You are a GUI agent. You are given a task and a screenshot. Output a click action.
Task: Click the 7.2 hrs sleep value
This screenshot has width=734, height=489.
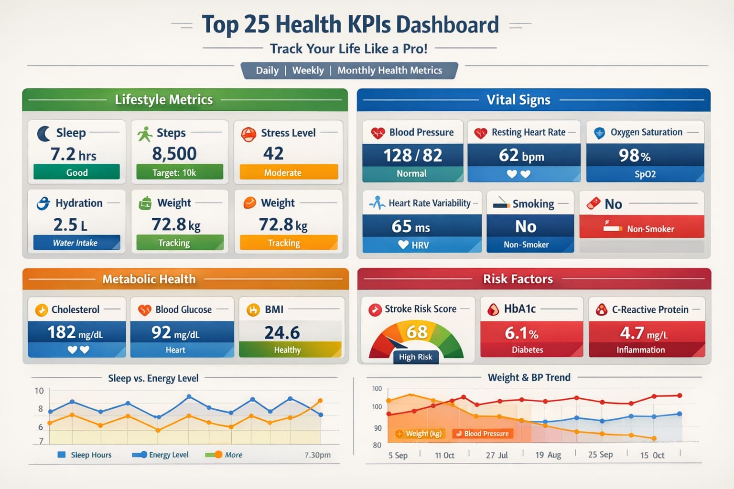click(74, 154)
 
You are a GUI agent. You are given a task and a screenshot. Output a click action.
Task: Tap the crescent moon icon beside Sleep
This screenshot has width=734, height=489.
click(43, 133)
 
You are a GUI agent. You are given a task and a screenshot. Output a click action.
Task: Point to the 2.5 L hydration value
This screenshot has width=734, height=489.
click(70, 224)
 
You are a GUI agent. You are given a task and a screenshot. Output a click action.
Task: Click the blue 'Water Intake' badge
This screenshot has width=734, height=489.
click(76, 243)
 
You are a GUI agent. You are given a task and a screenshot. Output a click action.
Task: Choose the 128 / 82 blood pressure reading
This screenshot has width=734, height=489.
click(412, 155)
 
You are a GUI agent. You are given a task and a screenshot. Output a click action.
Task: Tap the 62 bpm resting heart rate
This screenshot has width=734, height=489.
click(521, 155)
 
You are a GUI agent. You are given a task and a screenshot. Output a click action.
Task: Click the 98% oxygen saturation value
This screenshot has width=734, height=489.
click(635, 155)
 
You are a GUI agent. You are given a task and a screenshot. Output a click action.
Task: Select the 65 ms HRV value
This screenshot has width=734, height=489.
click(410, 226)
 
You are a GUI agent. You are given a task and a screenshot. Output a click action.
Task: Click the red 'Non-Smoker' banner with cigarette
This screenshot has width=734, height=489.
click(641, 228)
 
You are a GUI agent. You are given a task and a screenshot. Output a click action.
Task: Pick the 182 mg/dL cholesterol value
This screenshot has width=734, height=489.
click(75, 332)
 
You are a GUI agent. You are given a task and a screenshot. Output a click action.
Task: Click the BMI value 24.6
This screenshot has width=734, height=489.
click(282, 332)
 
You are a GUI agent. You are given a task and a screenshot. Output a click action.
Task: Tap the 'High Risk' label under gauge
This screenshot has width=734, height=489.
click(415, 357)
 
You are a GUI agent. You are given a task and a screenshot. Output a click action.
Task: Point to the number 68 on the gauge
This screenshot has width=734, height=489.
click(417, 331)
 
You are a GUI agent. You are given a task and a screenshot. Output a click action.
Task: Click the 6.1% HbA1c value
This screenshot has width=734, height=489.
click(521, 333)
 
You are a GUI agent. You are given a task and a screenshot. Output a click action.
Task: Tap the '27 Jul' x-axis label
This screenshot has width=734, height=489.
click(497, 455)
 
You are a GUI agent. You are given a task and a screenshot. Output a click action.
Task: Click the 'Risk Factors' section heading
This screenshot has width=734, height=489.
click(518, 279)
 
